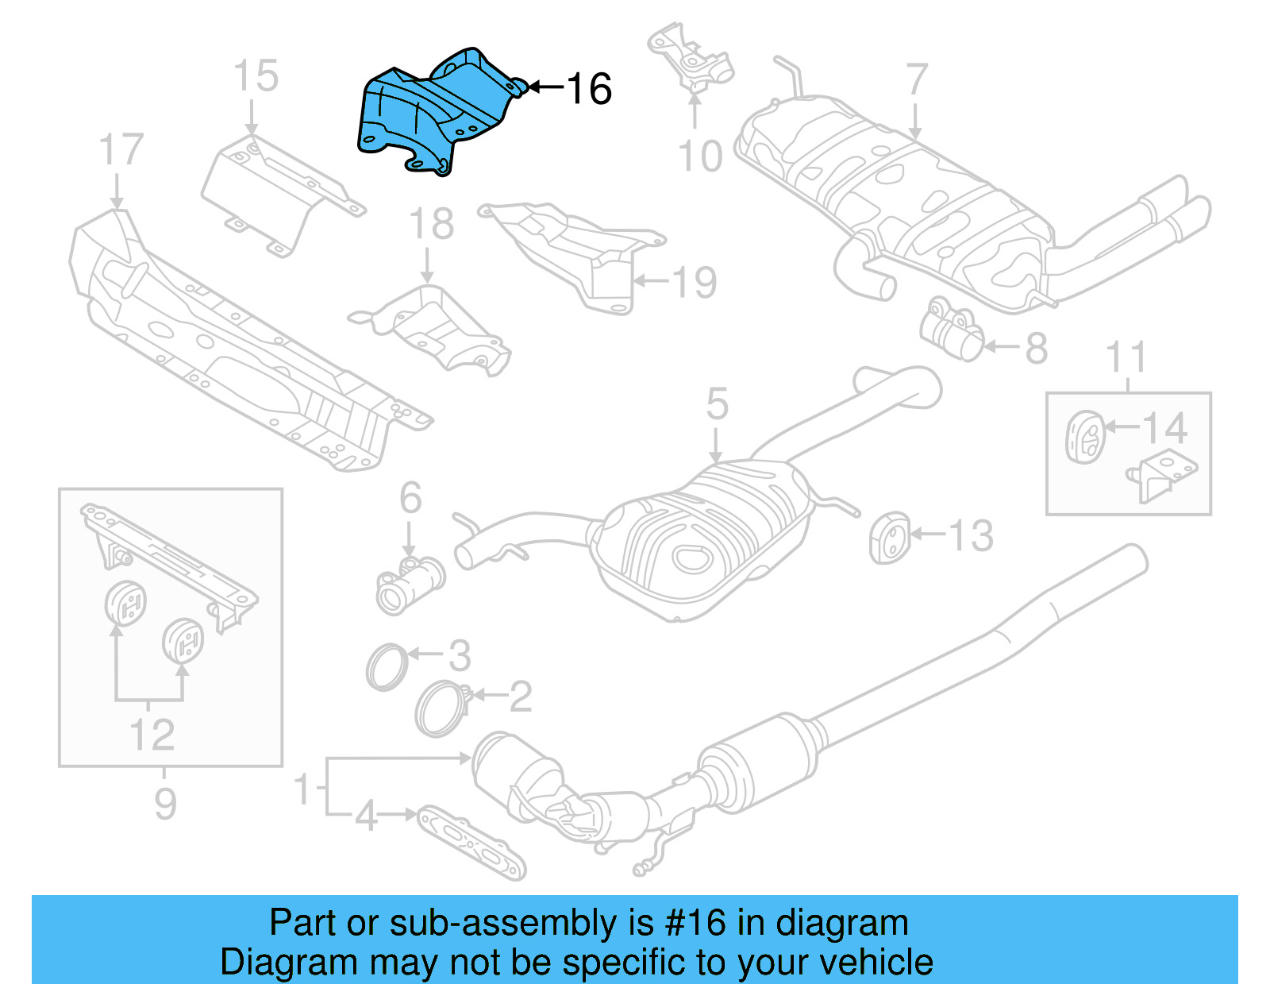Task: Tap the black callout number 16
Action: [589, 88]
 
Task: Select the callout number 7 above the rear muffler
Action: [917, 79]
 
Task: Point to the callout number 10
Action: [700, 156]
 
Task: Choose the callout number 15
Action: [256, 76]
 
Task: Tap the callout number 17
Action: [121, 150]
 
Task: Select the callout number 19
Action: [694, 282]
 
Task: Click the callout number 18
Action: [431, 224]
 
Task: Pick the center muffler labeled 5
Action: [698, 540]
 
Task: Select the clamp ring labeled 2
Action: [440, 708]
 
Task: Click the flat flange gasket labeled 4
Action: [471, 842]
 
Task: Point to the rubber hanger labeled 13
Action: [890, 538]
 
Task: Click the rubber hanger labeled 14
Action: [1082, 435]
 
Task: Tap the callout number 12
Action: [152, 735]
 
